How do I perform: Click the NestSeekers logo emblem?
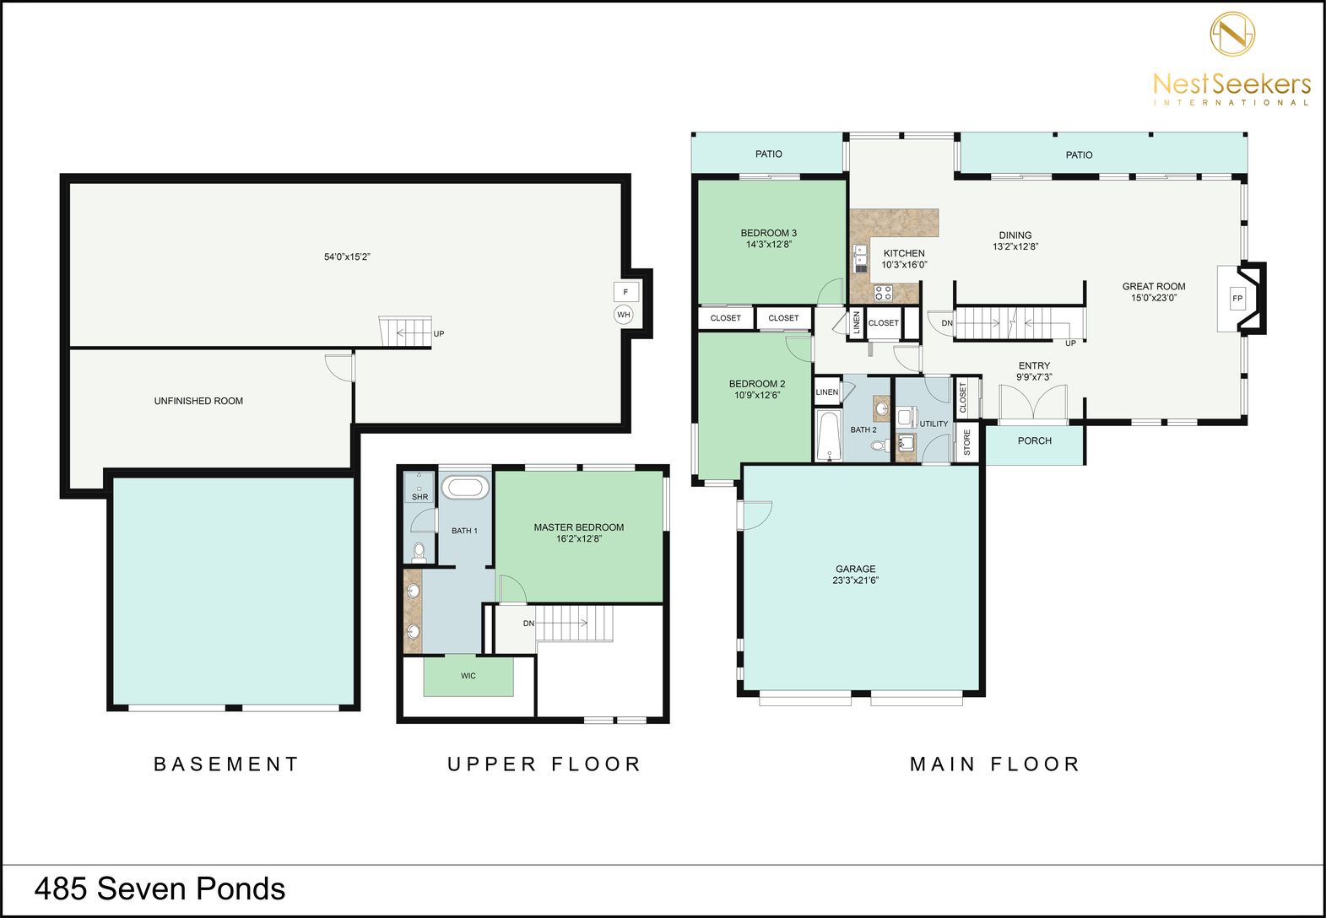click(x=1232, y=34)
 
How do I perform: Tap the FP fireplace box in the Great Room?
click(x=1238, y=298)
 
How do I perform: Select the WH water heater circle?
click(x=624, y=314)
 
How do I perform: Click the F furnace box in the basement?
click(x=625, y=292)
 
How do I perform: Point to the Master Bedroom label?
click(x=578, y=526)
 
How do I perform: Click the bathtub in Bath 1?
click(x=465, y=488)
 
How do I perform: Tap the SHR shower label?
click(x=419, y=497)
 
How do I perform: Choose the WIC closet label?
click(x=468, y=675)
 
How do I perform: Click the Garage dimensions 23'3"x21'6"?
click(x=855, y=580)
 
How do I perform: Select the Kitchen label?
click(x=904, y=253)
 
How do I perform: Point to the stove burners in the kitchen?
click(x=884, y=293)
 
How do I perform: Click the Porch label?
click(x=1035, y=440)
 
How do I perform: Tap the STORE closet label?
click(x=967, y=442)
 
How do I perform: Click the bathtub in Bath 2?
click(x=829, y=435)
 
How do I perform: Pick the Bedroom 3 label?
click(x=768, y=233)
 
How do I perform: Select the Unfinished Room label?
click(x=198, y=401)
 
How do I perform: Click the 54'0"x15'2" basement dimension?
click(x=347, y=256)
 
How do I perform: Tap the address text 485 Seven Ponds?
click(x=160, y=888)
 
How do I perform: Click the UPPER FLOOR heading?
click(x=544, y=764)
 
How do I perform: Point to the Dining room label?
click(x=1015, y=235)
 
